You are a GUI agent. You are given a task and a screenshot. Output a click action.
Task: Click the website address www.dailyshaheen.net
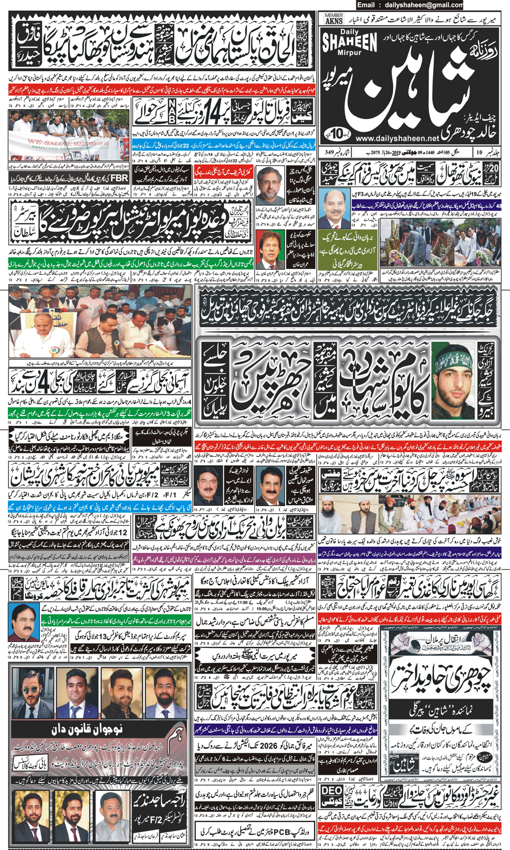coord(405,138)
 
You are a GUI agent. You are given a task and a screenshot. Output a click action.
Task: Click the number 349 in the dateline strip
coord(330,152)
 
